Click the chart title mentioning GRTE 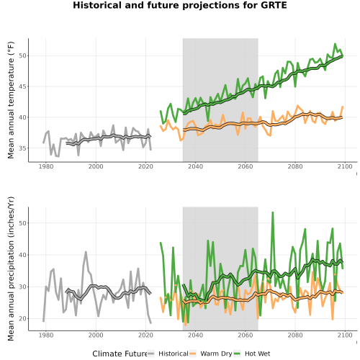tap(180, 5)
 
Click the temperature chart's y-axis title tap(11, 100)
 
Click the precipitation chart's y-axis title tap(11, 269)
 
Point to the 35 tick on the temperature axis tap(22, 148)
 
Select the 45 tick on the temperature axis tap(22, 86)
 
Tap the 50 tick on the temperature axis tap(22, 55)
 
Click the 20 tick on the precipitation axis tap(22, 319)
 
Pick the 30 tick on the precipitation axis tap(22, 287)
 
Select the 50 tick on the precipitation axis tap(22, 223)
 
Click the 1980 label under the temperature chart tap(46, 166)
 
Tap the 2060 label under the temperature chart tap(246, 166)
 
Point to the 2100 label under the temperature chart tap(345, 166)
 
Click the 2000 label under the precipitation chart tap(96, 335)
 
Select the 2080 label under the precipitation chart tap(295, 335)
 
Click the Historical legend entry tap(168, 354)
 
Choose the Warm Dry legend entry tap(210, 354)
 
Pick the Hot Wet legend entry tap(252, 354)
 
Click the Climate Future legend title tap(120, 354)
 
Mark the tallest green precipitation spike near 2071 tap(273, 212)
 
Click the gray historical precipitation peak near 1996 tap(86, 252)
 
